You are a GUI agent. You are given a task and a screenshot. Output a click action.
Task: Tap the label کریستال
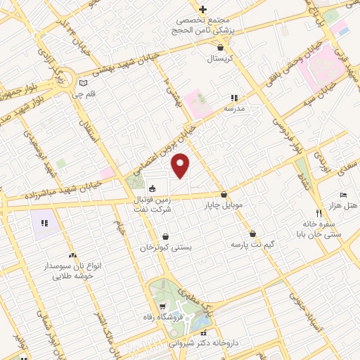[221, 59]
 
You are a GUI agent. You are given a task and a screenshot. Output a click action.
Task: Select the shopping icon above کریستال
[221, 48]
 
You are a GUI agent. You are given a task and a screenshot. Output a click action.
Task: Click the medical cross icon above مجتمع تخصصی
[202, 9]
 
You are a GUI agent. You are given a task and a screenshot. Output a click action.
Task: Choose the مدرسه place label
[234, 109]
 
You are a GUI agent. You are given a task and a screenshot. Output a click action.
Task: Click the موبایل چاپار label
[224, 206]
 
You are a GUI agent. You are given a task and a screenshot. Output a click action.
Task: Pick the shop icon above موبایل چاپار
[224, 195]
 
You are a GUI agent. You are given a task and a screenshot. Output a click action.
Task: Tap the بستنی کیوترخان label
[165, 248]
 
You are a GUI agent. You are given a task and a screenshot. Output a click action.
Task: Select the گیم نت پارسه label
[252, 244]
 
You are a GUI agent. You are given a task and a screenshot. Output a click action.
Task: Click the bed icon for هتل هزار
[343, 194]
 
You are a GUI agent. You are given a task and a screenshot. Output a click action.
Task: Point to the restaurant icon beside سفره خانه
[318, 213]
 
